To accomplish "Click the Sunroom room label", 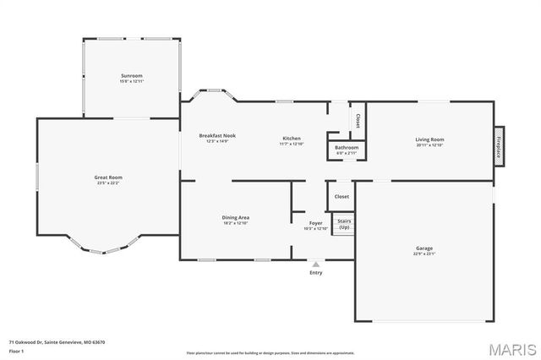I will point(132,76).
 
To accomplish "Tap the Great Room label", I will point(108,177).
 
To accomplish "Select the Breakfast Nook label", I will point(217,135).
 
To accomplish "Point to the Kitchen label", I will point(291,139).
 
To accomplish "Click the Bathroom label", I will point(347,148).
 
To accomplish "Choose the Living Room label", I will point(429,139).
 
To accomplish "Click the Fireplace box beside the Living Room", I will point(500,146).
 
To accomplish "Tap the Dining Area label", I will point(236,217).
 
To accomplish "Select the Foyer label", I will point(315,224).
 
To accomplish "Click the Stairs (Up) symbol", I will point(344,224).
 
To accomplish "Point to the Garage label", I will point(424,248).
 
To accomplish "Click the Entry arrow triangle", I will point(316,265).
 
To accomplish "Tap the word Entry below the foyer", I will point(316,272).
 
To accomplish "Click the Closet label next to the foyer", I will point(342,196).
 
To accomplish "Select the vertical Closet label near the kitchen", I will point(358,121).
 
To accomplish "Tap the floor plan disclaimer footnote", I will point(270,352).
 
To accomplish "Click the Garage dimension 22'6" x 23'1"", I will point(424,254).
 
